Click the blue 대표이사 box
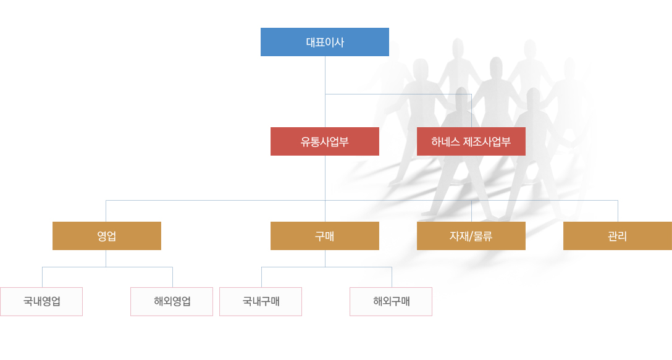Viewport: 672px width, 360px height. (325, 42)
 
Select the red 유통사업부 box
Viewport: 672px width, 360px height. (325, 141)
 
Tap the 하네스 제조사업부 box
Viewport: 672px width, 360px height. (471, 141)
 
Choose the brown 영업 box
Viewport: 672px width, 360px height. (107, 236)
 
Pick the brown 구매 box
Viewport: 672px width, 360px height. (325, 236)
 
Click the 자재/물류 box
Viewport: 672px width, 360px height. (471, 236)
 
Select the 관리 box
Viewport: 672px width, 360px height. (618, 236)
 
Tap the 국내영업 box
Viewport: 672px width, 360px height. (41, 302)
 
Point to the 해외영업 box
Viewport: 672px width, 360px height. (172, 302)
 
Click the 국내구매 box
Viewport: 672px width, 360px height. (261, 302)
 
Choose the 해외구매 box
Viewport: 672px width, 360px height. (391, 302)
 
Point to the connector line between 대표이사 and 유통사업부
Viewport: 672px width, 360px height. (325, 92)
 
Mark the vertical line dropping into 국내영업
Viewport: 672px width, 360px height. (43, 277)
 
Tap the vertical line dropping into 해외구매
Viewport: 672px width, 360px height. (392, 277)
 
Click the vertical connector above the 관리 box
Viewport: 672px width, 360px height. (618, 211)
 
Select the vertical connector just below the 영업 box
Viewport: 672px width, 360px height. (106, 259)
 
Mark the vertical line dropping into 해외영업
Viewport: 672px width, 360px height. (173, 277)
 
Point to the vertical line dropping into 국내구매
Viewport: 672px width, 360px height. (261, 277)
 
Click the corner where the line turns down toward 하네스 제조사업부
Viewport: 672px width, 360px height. (471, 94)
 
